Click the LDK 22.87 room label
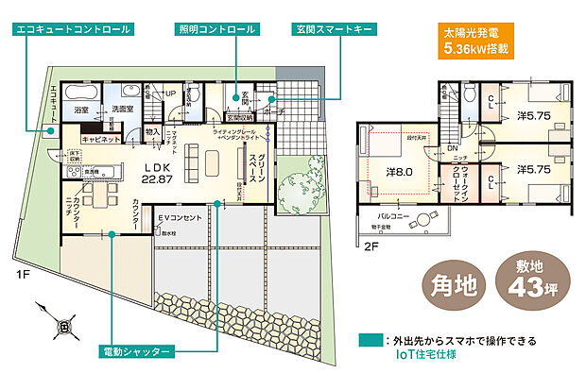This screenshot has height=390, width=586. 156,173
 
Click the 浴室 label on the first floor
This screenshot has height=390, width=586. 81,110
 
